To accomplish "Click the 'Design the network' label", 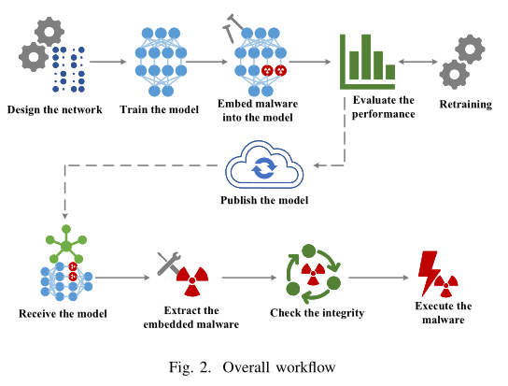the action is (54, 109).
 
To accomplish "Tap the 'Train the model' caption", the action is (159, 109).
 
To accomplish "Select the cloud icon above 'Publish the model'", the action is (264, 164).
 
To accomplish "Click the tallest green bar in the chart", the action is (366, 57).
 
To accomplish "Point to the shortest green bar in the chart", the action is (390, 72).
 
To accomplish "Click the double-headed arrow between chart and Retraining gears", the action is (418, 62).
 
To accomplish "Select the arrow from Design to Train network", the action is (108, 62).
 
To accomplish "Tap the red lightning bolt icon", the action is (429, 273).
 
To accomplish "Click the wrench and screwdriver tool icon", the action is (168, 263).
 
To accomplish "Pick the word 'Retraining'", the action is (466, 105).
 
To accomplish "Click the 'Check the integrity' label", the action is (317, 313).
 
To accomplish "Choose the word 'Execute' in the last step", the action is (430, 306).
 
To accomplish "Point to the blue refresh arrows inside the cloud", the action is (264, 168).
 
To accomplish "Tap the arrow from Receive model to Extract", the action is (122, 278).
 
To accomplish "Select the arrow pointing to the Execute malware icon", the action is (379, 278).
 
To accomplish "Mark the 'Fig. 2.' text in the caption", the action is (190, 367).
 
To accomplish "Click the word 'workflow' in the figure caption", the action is (305, 367).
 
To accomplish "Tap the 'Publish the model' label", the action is (264, 200).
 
